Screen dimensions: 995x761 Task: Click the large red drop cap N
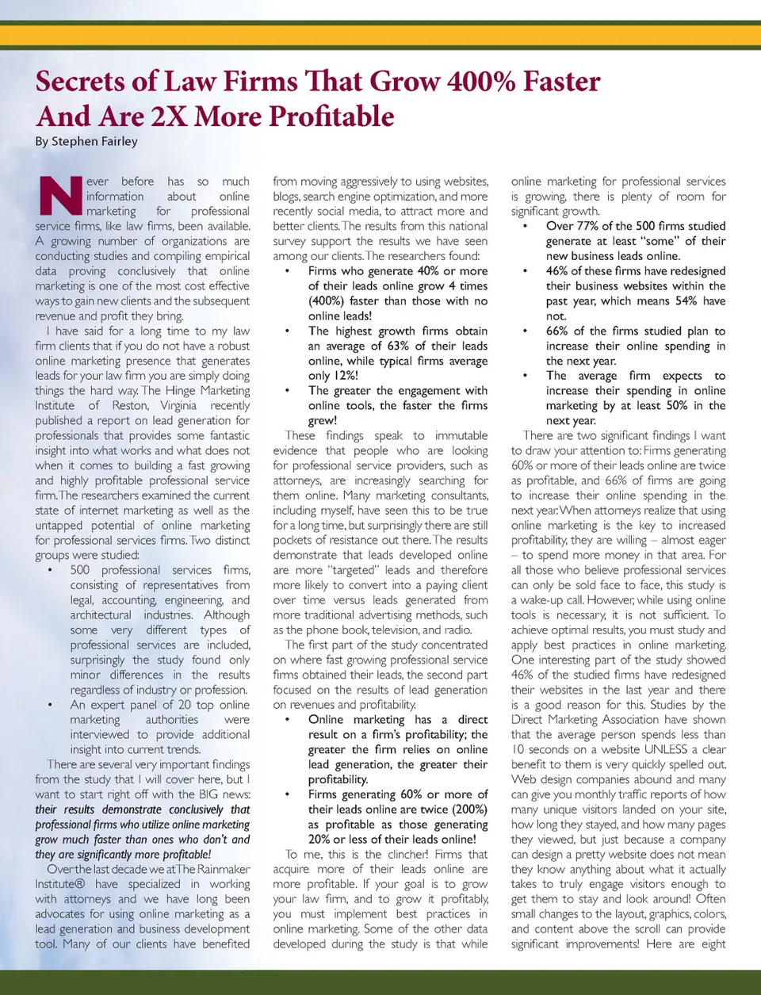click(60, 196)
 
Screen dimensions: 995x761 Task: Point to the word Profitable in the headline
click(332, 117)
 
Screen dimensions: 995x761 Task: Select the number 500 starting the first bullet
click(80, 570)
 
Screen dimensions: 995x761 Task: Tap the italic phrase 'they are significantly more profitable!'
click(123, 855)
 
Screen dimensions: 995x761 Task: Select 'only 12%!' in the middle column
click(333, 376)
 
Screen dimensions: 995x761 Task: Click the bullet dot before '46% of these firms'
click(525, 271)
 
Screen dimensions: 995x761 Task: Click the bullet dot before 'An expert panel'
click(50, 705)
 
